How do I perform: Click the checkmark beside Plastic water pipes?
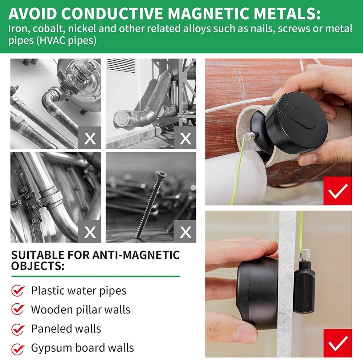(18, 291)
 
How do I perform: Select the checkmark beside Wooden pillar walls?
(18, 310)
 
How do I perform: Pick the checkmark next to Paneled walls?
(18, 329)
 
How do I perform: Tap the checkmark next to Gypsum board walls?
(18, 348)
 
